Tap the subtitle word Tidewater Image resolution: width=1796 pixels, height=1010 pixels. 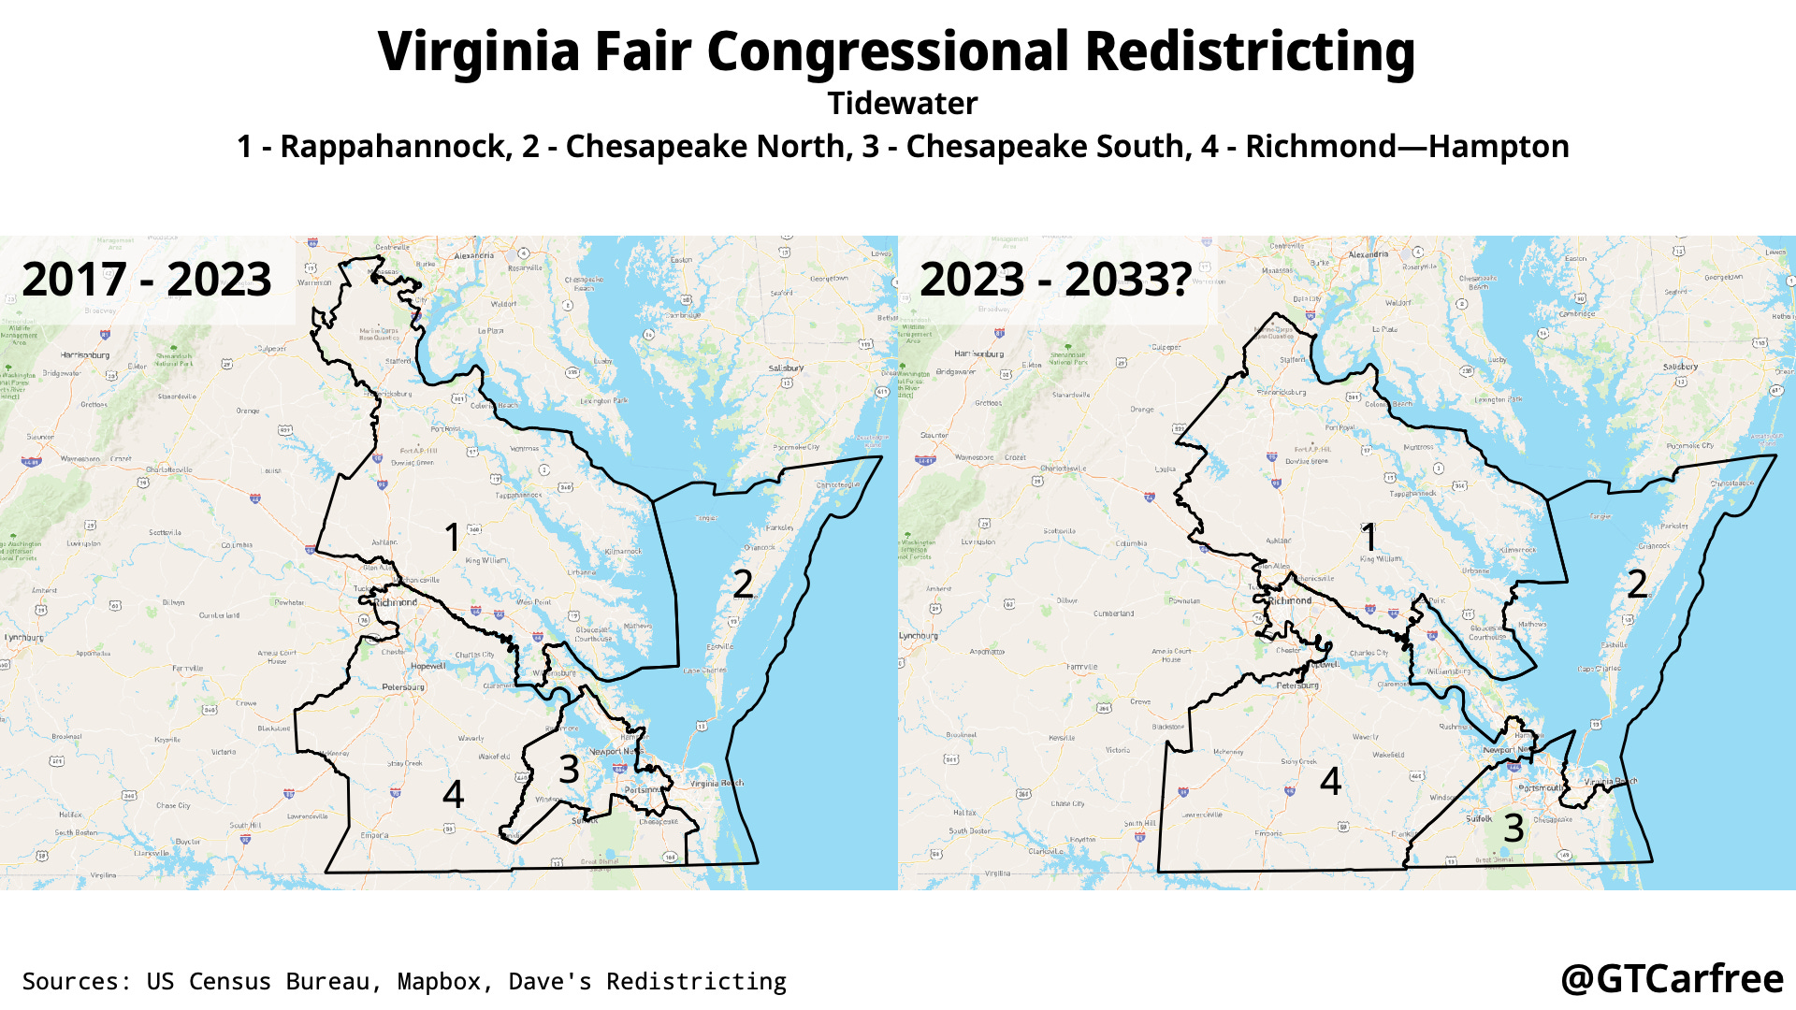(x=902, y=103)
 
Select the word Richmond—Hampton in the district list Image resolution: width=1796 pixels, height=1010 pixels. (x=1407, y=147)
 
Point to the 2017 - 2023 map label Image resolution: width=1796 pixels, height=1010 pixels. (x=147, y=279)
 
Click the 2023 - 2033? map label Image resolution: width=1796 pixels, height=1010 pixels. (x=1055, y=279)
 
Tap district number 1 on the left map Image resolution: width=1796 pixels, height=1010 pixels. (x=453, y=538)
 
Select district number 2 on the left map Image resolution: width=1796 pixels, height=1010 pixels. (x=743, y=584)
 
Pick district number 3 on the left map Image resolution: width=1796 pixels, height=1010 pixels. (x=569, y=770)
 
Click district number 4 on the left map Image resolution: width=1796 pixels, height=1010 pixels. (x=454, y=794)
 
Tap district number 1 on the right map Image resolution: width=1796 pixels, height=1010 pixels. (x=1369, y=538)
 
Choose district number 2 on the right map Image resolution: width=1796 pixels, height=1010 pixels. (x=1637, y=584)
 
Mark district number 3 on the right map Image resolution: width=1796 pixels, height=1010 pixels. (x=1514, y=828)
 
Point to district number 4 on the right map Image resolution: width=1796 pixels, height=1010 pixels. (x=1330, y=781)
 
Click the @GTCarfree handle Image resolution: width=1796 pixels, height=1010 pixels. (x=1672, y=979)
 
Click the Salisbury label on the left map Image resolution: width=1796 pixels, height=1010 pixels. (x=786, y=368)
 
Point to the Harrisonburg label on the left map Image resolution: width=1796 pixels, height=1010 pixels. (x=85, y=355)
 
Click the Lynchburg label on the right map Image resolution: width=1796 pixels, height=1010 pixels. (x=918, y=635)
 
